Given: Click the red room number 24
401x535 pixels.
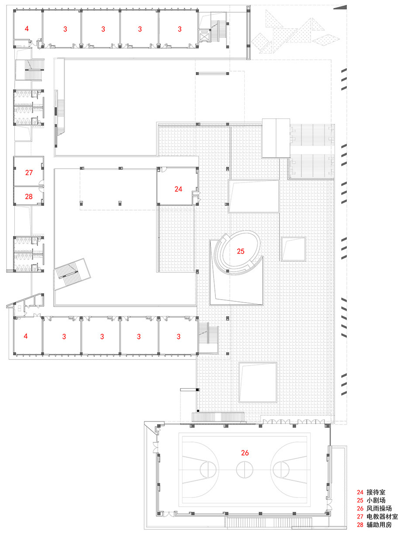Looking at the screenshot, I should click(178, 189).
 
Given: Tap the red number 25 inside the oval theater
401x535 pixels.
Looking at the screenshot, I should click(240, 251).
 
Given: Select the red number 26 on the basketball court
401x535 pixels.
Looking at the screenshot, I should click(245, 453).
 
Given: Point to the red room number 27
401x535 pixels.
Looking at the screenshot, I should click(29, 173).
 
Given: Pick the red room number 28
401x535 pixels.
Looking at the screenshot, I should click(29, 197).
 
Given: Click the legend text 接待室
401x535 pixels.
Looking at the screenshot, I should click(376, 492).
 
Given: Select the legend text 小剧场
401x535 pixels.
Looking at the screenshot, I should click(376, 500).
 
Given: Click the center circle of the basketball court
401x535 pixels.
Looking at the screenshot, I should click(245, 470).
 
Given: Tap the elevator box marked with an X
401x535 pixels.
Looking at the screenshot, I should click(204, 35).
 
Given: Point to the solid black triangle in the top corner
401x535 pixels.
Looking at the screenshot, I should click(343, 7).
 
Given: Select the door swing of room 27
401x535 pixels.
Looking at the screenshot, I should click(40, 183).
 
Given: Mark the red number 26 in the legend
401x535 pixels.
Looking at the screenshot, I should click(360, 508).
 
